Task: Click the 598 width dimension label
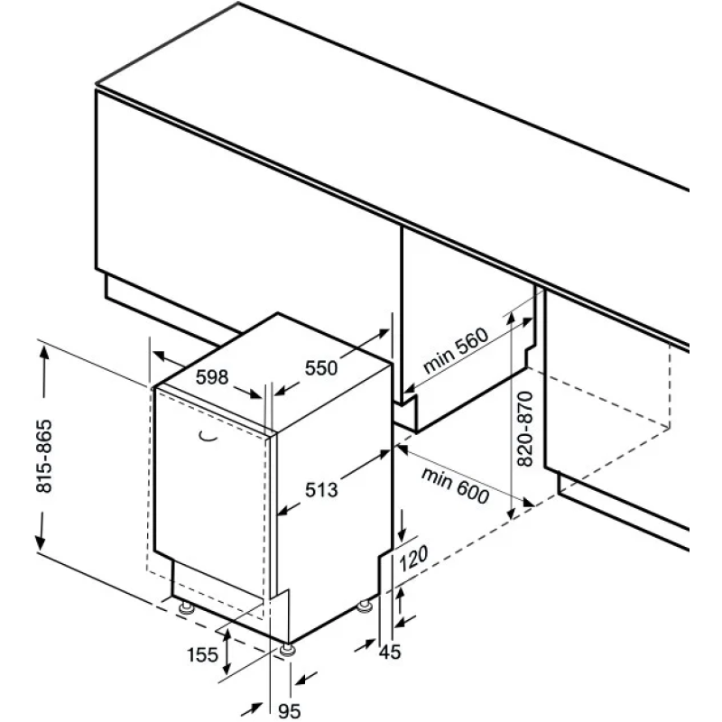(212, 377)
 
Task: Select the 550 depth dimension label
(321, 368)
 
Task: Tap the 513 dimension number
(321, 489)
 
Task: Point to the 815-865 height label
(44, 456)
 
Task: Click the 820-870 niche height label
(525, 429)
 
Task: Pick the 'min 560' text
(456, 350)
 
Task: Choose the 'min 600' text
(456, 486)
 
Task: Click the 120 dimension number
(413, 558)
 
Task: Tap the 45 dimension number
(390, 652)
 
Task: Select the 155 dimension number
(202, 654)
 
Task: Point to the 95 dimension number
(290, 711)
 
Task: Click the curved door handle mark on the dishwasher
(208, 437)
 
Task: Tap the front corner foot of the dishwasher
(288, 649)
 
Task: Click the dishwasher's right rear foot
(365, 606)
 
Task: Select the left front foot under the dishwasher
(187, 607)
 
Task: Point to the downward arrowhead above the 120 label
(402, 534)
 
